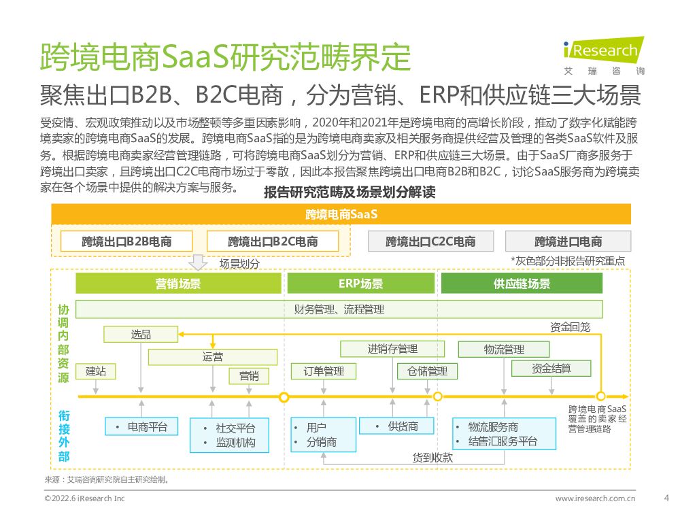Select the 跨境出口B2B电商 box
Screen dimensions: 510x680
tap(126, 241)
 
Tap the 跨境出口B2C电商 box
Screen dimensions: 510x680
tap(273, 241)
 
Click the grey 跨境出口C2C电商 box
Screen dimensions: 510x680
tap(430, 241)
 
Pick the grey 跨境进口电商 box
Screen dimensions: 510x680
tap(568, 241)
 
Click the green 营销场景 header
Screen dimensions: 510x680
tap(177, 284)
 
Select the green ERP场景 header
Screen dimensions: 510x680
tap(360, 284)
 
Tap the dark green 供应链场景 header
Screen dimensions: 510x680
tap(522, 284)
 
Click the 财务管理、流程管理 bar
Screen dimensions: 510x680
tap(339, 309)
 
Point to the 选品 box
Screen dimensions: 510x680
tap(141, 334)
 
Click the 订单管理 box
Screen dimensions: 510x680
tap(318, 371)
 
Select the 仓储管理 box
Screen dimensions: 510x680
tap(427, 371)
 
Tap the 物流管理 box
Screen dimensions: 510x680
tap(504, 350)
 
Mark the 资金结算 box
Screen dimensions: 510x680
tap(551, 369)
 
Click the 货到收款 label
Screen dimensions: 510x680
tap(432, 457)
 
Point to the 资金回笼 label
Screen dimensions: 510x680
tap(570, 327)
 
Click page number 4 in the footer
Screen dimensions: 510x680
tap(665, 497)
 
